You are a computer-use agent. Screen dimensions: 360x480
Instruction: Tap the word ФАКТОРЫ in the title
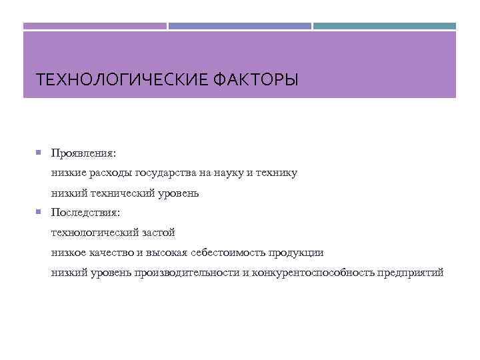256,81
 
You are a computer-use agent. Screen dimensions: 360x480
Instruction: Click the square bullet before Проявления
39,153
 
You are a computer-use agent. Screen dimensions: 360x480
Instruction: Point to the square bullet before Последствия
39,213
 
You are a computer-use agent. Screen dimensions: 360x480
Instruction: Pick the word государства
165,173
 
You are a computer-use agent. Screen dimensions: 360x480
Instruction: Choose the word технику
277,173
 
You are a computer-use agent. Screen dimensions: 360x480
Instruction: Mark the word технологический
95,233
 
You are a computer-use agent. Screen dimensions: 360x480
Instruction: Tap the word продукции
297,253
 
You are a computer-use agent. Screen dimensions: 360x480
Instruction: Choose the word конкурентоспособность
313,273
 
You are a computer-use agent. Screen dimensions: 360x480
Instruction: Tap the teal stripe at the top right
385,26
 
